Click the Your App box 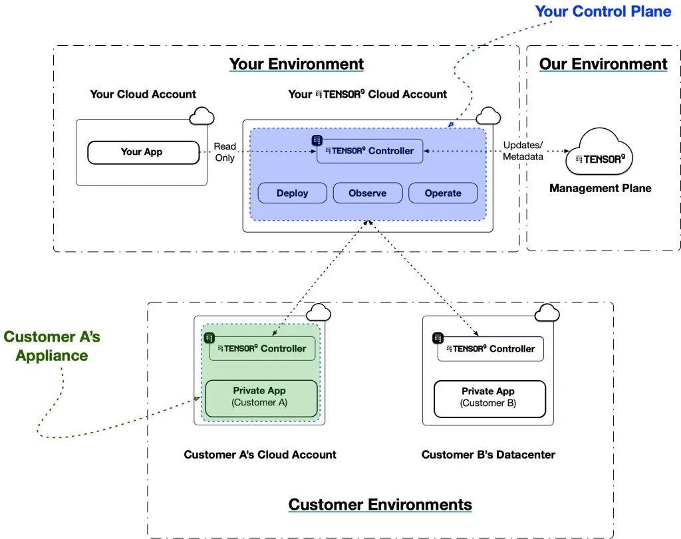click(x=143, y=152)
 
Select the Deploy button click(x=292, y=193)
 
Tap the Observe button click(x=367, y=193)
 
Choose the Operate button click(x=442, y=193)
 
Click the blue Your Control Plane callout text click(x=603, y=11)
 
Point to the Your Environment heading click(x=296, y=64)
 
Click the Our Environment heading click(x=603, y=64)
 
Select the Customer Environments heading click(x=380, y=504)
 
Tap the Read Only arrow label click(x=225, y=152)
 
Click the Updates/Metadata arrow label click(x=523, y=151)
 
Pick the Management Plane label click(x=600, y=188)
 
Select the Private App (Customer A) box click(x=260, y=397)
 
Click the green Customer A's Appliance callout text click(x=52, y=346)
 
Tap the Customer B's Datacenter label click(x=488, y=455)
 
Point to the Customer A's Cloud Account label click(x=260, y=455)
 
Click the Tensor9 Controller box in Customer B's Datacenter click(x=490, y=349)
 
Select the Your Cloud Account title click(x=143, y=94)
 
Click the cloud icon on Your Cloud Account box click(x=202, y=117)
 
